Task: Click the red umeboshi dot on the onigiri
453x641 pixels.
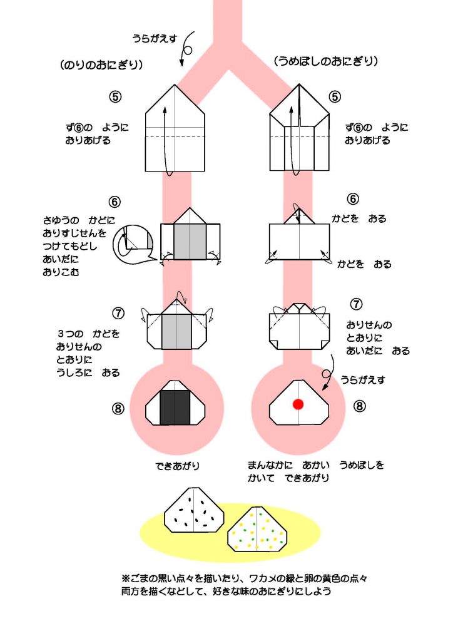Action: click(298, 404)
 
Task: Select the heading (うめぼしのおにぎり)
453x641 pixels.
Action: click(326, 61)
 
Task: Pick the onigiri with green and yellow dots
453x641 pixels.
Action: click(258, 529)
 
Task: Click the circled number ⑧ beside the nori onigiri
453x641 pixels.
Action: click(118, 409)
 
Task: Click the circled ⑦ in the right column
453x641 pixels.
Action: click(356, 305)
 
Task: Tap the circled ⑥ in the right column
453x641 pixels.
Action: click(354, 199)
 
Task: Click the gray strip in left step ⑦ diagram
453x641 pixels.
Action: click(177, 331)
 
